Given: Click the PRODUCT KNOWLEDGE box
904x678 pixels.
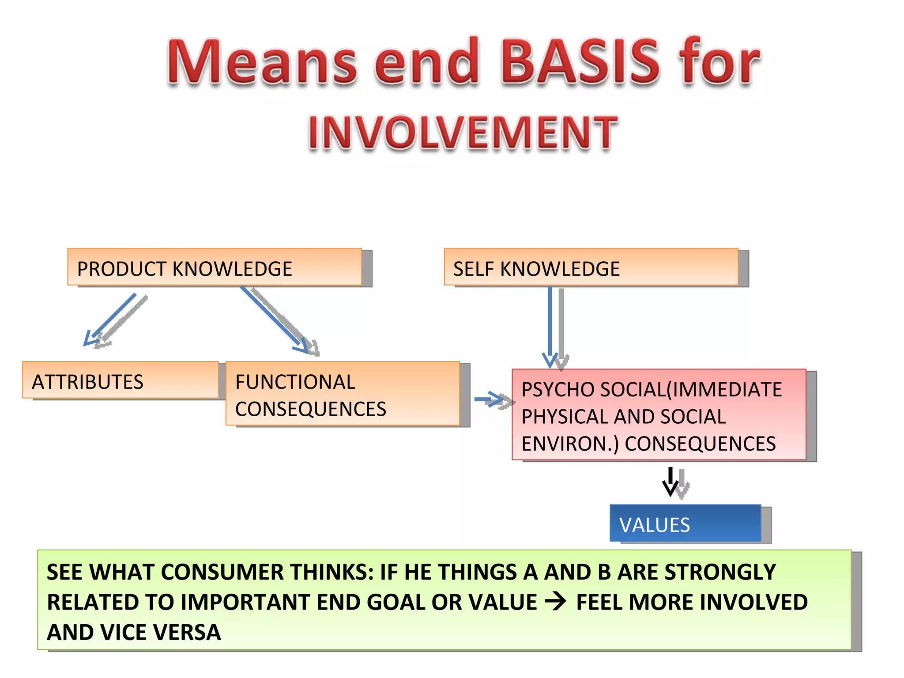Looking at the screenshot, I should [x=215, y=267].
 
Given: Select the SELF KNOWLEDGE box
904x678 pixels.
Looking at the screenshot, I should [x=591, y=267].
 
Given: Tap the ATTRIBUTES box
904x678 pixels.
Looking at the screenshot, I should [x=121, y=380].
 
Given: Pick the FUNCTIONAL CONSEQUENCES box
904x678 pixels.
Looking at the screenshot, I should [x=343, y=394].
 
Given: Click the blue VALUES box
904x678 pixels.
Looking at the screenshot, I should [x=685, y=523].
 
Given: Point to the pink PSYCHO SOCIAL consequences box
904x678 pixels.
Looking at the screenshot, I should [x=659, y=415].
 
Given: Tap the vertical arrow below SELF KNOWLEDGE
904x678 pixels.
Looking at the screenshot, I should [x=550, y=327].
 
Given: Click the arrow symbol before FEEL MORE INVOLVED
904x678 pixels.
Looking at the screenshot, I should [x=555, y=601].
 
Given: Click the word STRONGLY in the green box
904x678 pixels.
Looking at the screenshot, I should [x=720, y=572].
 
